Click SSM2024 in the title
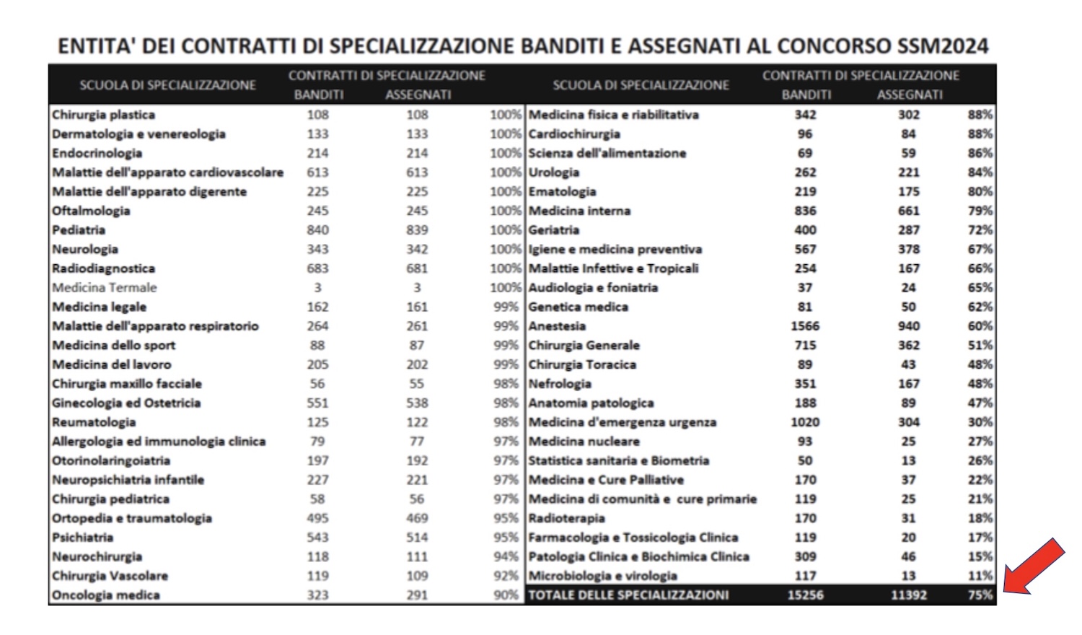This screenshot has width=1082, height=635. pyautogui.click(x=943, y=46)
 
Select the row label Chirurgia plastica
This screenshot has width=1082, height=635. pyautogui.click(x=103, y=115)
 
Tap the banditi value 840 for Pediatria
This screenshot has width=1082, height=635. pyautogui.click(x=317, y=230)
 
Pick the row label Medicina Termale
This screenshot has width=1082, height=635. pyautogui.click(x=104, y=288)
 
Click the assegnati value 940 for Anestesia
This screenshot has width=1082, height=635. pyautogui.click(x=908, y=326)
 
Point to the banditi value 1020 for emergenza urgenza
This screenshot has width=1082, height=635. pyautogui.click(x=805, y=422)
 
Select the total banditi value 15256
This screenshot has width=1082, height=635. pyautogui.click(x=805, y=595)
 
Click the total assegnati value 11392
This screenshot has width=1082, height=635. pyautogui.click(x=908, y=595)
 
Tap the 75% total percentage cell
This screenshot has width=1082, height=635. pyautogui.click(x=980, y=595)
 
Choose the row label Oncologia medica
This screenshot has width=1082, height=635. pyautogui.click(x=105, y=595)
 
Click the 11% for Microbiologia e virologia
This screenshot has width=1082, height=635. pyautogui.click(x=980, y=576)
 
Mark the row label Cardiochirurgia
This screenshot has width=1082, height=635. pyautogui.click(x=574, y=134)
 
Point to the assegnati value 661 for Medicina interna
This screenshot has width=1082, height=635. pyautogui.click(x=908, y=211)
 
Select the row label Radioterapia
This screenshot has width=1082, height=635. pyautogui.click(x=566, y=518)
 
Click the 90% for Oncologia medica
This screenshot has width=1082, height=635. pyautogui.click(x=506, y=595)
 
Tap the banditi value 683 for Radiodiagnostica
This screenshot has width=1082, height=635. pyautogui.click(x=317, y=268)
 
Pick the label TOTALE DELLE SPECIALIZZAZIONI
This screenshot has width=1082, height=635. pyautogui.click(x=628, y=595)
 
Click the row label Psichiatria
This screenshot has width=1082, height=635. pyautogui.click(x=82, y=538)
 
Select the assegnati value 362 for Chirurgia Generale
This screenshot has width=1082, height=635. pyautogui.click(x=908, y=346)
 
